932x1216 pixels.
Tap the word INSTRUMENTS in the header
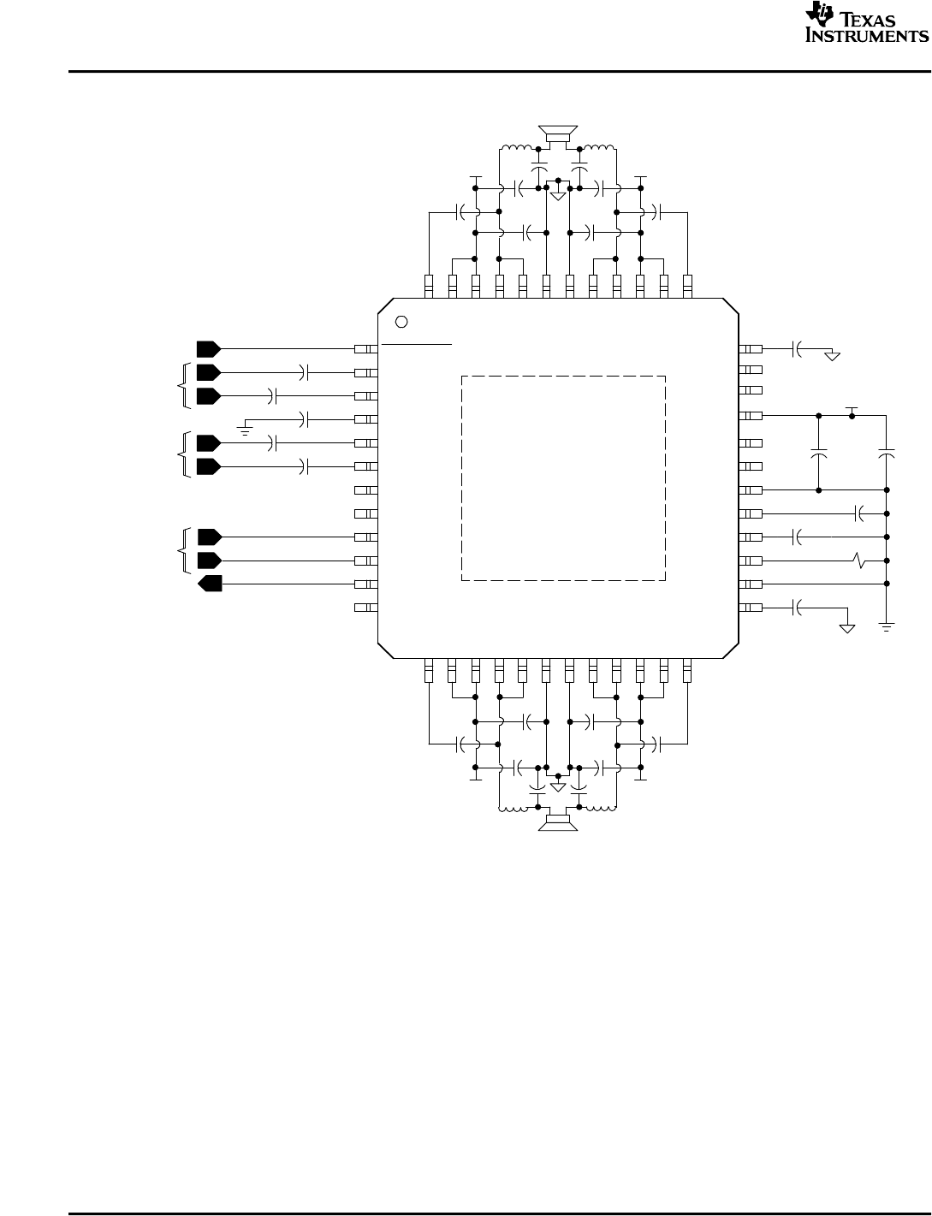(866, 37)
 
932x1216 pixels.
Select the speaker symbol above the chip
(557, 133)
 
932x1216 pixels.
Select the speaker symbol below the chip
(557, 822)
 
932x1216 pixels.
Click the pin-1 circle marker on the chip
(403, 322)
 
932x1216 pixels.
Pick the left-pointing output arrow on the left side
(210, 584)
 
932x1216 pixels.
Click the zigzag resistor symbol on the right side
(861, 561)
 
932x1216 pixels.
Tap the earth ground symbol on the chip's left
(246, 424)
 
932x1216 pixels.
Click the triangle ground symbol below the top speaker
(558, 195)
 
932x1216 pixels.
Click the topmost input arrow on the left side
(208, 349)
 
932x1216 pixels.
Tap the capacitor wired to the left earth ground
(306, 419)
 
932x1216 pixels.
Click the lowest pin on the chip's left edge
(365, 608)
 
